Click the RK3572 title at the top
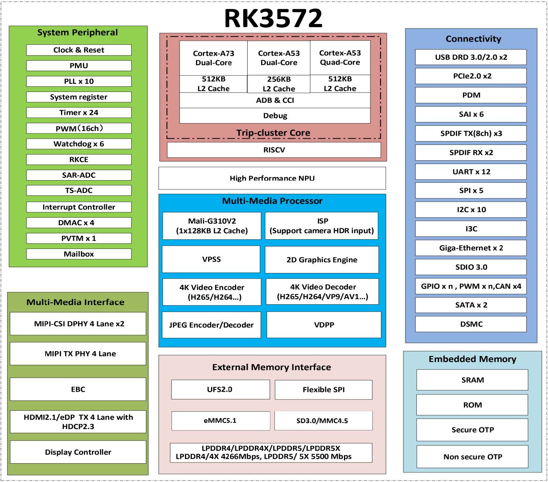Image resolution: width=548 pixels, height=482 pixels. (x=273, y=18)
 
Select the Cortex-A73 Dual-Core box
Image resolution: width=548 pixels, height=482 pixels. (x=213, y=58)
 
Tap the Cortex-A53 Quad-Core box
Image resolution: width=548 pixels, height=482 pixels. (x=340, y=58)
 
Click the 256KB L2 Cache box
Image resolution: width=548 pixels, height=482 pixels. (x=278, y=84)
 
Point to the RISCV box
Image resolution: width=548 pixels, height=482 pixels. (x=274, y=150)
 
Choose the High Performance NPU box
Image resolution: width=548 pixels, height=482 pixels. (x=272, y=178)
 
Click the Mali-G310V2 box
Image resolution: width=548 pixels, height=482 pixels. (x=212, y=226)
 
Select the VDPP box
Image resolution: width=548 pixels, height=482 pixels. (x=324, y=325)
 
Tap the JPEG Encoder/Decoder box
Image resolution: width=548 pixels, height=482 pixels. (x=211, y=325)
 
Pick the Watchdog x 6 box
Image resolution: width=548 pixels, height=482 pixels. (x=79, y=144)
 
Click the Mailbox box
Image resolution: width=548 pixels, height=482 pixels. (x=79, y=254)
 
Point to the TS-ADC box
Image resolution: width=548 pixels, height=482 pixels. (x=79, y=190)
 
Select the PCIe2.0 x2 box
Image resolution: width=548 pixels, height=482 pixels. (x=471, y=76)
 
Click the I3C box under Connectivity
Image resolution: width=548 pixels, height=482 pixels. (x=471, y=229)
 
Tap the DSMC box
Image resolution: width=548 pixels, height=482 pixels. (x=471, y=324)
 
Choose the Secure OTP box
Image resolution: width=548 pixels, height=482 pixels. (x=472, y=430)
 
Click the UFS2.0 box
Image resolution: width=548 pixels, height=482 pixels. (x=220, y=389)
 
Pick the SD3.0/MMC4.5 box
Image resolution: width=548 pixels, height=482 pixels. (x=324, y=421)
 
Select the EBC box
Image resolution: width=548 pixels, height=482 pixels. (x=78, y=389)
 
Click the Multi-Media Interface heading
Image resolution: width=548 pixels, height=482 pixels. (x=75, y=302)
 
